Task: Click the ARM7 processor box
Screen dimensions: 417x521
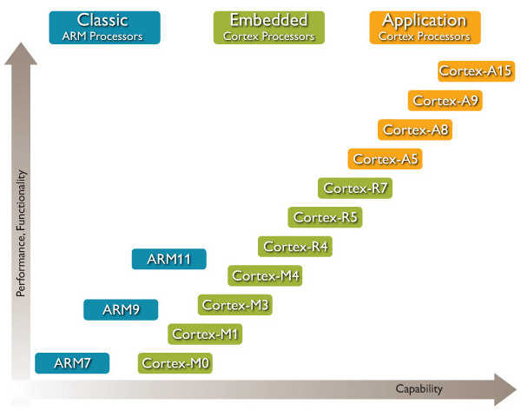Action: (72, 362)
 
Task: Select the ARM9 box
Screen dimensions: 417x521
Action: (121, 309)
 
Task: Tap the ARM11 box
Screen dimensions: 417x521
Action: (169, 259)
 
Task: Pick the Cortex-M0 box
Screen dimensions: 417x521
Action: (175, 362)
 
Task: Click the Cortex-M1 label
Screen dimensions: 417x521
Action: (205, 334)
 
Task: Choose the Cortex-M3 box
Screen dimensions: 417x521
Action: (235, 305)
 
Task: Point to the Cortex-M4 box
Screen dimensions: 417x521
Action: (265, 276)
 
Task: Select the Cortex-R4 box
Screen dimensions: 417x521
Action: (295, 247)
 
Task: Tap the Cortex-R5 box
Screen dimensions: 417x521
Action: (325, 217)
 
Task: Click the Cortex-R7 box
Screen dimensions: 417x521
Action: (355, 188)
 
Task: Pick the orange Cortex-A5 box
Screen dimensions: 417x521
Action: (386, 159)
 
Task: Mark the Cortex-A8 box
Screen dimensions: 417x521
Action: (415, 130)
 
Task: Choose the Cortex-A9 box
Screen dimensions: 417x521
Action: (445, 101)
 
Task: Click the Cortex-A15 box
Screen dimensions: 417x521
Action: (475, 71)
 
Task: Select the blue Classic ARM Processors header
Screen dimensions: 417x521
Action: (105, 27)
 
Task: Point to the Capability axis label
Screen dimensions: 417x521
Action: (419, 388)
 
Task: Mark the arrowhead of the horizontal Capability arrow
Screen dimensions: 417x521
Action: (505, 388)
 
